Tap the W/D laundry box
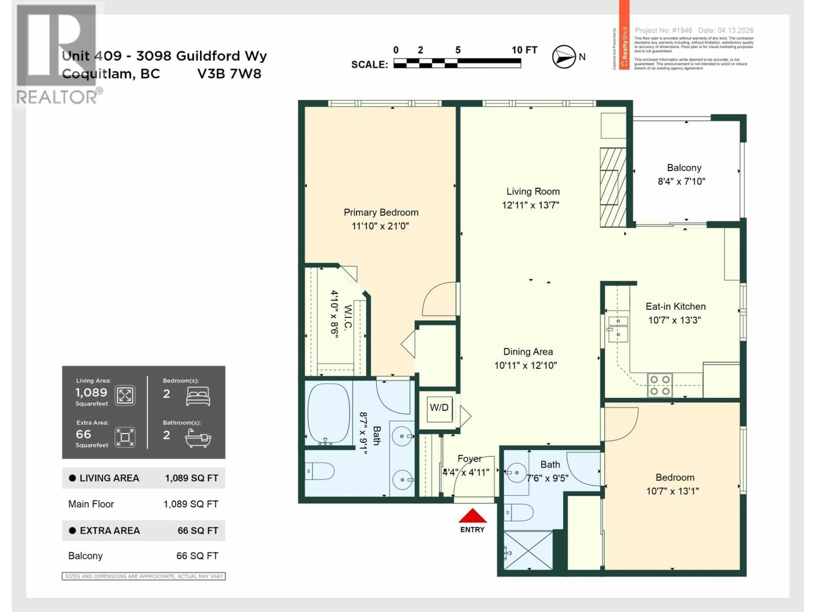point(439,408)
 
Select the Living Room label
point(533,191)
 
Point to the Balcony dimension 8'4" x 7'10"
point(681,181)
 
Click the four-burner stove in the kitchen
point(660,385)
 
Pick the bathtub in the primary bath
point(328,413)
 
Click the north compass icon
point(564,57)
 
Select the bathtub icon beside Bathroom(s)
point(198,438)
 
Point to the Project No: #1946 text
point(663,30)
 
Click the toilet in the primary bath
point(320,471)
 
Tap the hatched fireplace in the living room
point(613,187)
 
